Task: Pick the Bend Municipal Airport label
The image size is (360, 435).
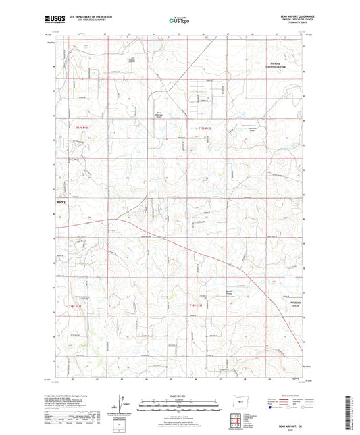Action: (x=160, y=114)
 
